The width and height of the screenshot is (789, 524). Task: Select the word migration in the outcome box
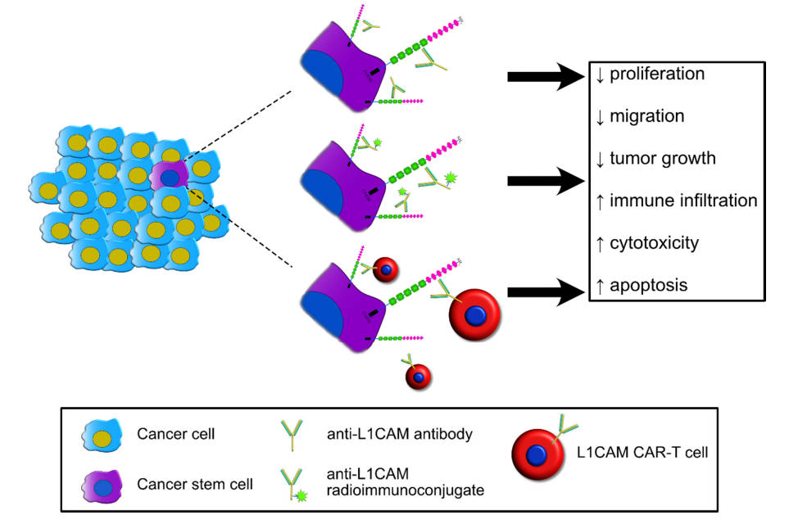click(x=646, y=117)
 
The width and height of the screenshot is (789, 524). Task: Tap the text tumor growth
click(x=663, y=159)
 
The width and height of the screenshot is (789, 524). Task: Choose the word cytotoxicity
click(x=654, y=243)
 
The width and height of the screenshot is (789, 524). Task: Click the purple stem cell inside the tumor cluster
click(x=170, y=176)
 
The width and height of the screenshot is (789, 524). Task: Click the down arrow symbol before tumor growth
click(x=600, y=159)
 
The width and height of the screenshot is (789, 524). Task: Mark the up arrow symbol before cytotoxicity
click(x=600, y=243)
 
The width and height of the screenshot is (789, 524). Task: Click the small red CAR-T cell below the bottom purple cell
click(x=418, y=375)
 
